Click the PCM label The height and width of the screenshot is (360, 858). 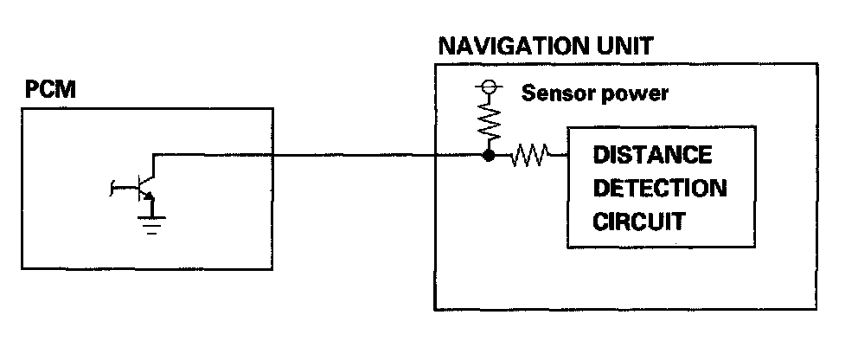point(47,90)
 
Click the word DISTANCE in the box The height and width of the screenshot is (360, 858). point(652,156)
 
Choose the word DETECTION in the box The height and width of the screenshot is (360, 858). point(659,189)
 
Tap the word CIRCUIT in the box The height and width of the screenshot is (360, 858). point(638,222)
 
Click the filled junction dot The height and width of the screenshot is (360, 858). point(489,157)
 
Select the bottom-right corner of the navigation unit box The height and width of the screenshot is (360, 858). point(817,308)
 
